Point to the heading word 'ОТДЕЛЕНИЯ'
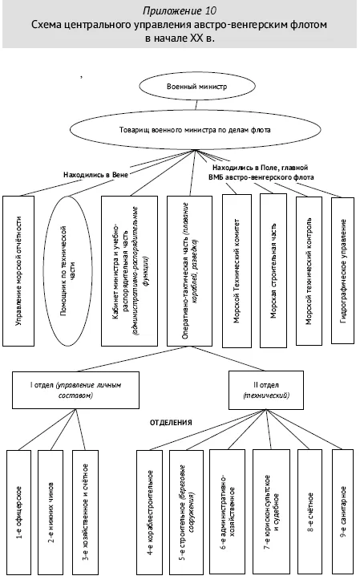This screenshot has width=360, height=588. tap(171, 423)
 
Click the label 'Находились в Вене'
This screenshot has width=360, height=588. tap(95, 175)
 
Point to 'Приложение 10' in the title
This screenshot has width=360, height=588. tap(180, 10)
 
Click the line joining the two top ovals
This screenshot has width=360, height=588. tap(196, 104)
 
